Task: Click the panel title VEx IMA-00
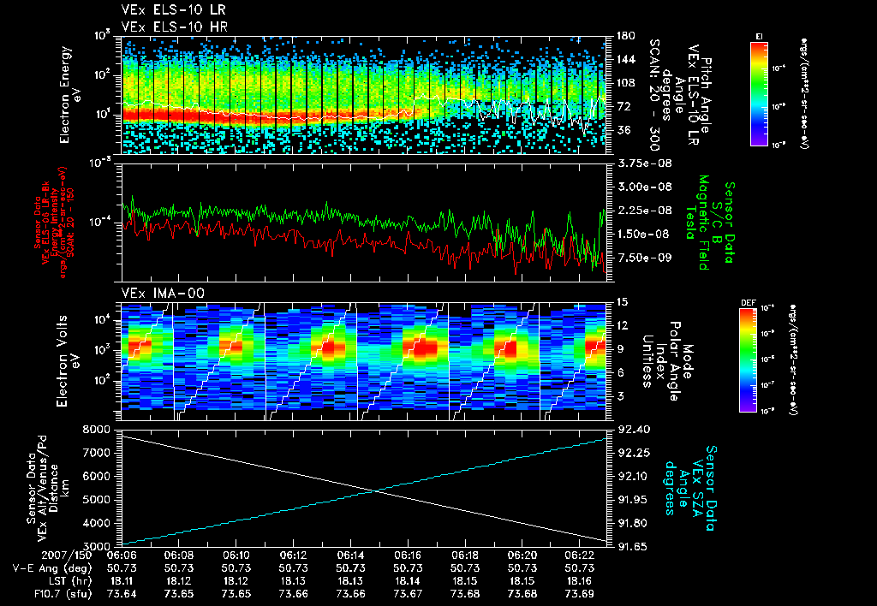coord(151,294)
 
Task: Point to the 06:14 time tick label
coord(351,555)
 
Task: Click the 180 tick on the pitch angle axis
coord(623,36)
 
